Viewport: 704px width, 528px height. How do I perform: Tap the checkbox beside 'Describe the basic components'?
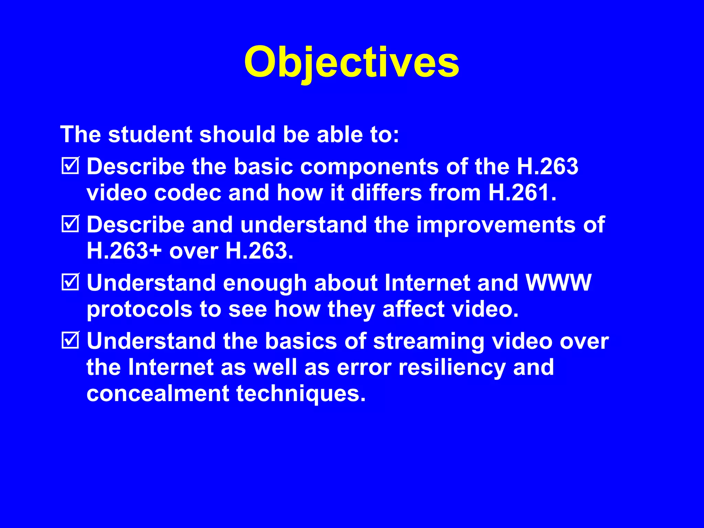[x=70, y=166]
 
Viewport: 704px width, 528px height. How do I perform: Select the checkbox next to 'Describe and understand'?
[x=70, y=224]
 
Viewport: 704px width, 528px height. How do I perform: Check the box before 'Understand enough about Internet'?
[x=70, y=282]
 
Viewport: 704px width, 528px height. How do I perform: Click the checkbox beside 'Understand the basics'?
[x=70, y=340]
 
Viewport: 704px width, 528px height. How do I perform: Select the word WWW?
[x=559, y=283]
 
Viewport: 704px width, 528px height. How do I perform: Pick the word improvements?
[x=495, y=225]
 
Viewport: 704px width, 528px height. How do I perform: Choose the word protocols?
[x=139, y=309]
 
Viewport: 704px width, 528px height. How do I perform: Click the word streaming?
[x=428, y=342]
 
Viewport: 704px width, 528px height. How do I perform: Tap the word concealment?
[x=157, y=393]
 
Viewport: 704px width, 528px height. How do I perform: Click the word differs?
[x=386, y=192]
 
